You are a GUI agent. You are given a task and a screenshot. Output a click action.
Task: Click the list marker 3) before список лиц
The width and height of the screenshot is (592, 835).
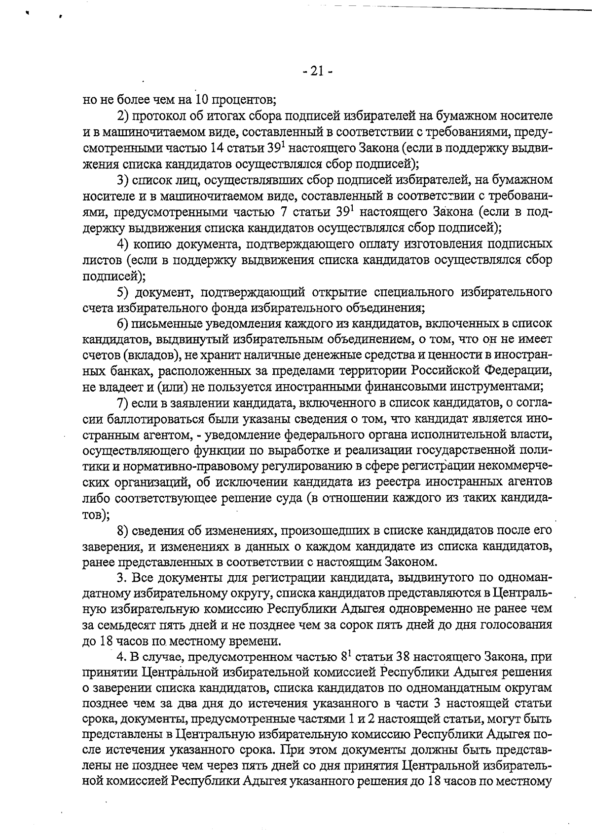pos(123,180)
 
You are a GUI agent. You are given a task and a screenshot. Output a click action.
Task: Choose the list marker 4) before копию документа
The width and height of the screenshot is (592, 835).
pos(123,244)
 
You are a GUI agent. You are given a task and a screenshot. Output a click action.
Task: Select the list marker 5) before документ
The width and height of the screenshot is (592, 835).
pos(123,292)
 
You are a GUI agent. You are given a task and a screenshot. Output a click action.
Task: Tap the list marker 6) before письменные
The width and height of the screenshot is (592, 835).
pos(123,324)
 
